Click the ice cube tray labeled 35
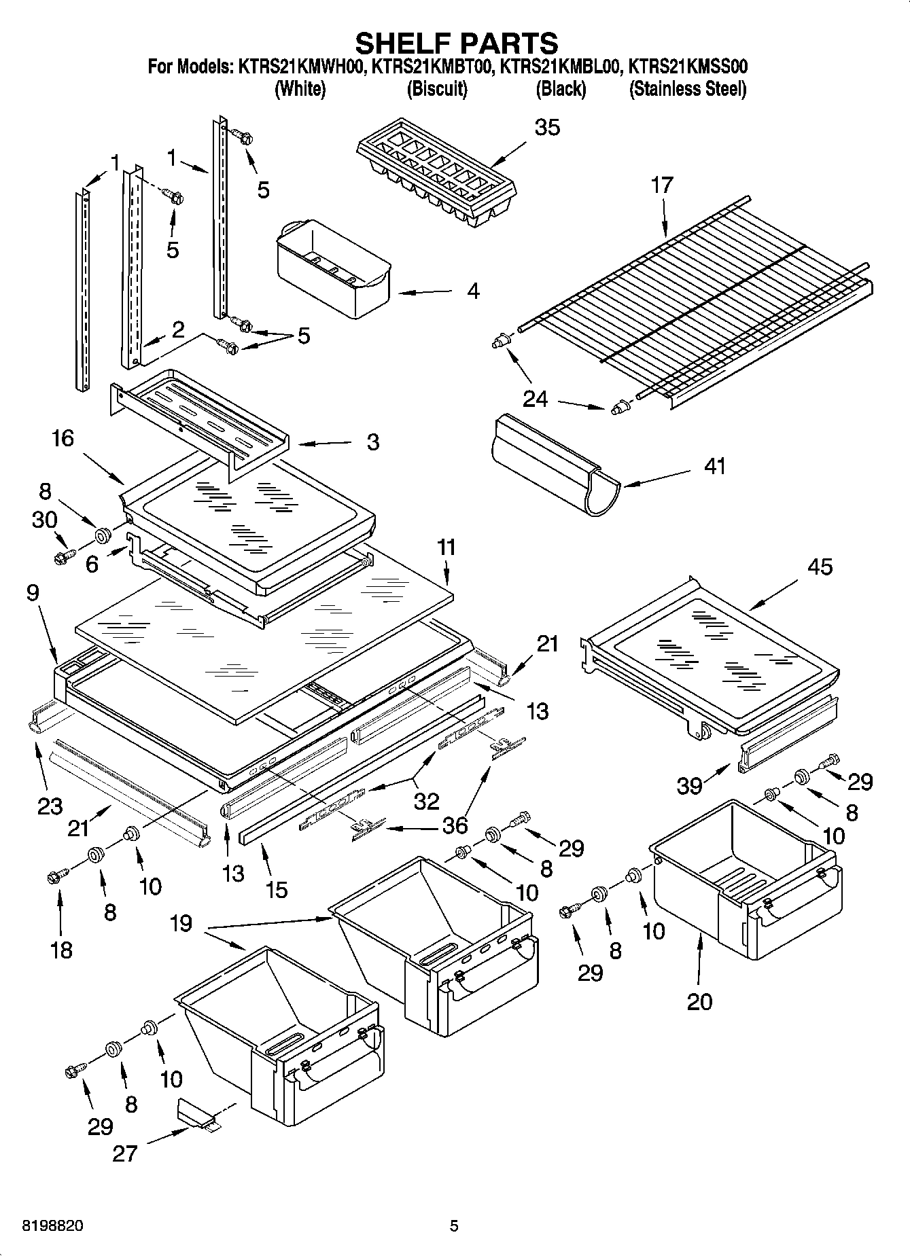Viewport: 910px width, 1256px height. pyautogui.click(x=435, y=170)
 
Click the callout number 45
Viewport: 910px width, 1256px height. pyautogui.click(x=820, y=567)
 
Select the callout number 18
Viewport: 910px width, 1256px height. pyautogui.click(x=61, y=949)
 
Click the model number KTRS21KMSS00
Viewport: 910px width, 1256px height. pyautogui.click(x=688, y=67)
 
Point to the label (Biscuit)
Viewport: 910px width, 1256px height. pyautogui.click(x=437, y=89)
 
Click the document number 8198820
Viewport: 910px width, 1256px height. pyautogui.click(x=54, y=1226)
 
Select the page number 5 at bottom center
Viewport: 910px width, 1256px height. pyautogui.click(x=454, y=1226)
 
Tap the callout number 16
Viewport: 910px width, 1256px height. pyautogui.click(x=63, y=438)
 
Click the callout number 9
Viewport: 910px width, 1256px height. pyautogui.click(x=33, y=592)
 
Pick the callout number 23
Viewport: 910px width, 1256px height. pyautogui.click(x=50, y=806)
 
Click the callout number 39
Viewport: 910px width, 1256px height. pyautogui.click(x=689, y=786)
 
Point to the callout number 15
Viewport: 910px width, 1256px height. pyautogui.click(x=277, y=889)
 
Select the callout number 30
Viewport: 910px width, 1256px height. pyautogui.click(x=44, y=520)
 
